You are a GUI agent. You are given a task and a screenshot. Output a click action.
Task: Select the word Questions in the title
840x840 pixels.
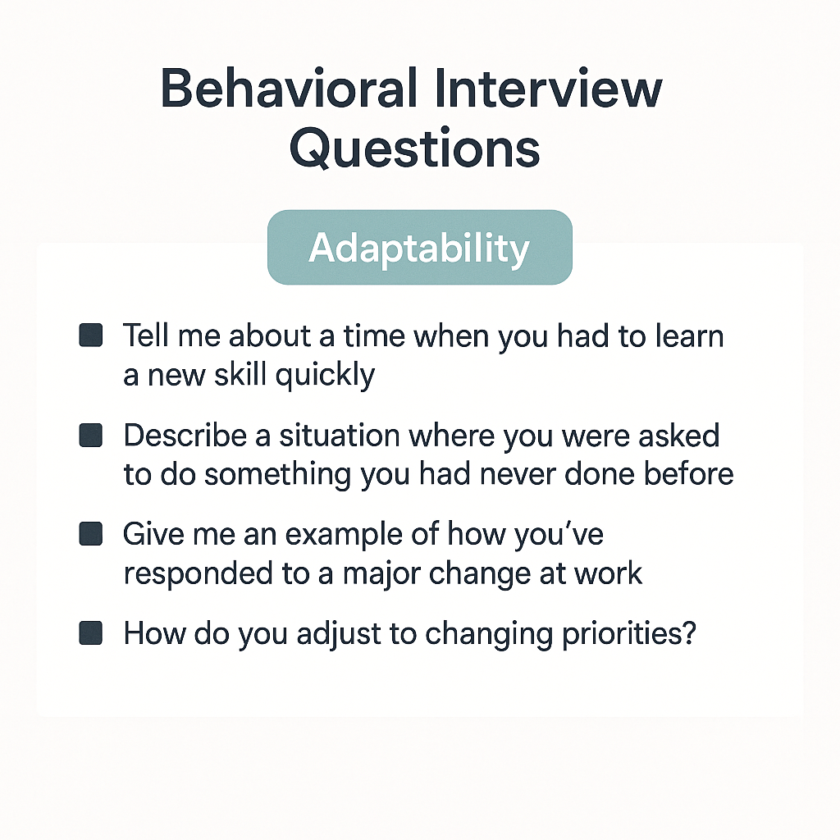click(415, 149)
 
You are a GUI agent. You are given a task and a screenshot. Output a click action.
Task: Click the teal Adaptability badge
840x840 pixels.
click(419, 248)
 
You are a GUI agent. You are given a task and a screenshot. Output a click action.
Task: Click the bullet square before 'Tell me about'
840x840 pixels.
click(90, 336)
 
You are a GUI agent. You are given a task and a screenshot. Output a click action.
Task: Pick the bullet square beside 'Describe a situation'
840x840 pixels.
click(90, 436)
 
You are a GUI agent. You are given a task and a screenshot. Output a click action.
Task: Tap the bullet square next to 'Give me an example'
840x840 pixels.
click(90, 535)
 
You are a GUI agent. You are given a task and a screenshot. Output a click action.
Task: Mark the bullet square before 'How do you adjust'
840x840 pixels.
click(90, 634)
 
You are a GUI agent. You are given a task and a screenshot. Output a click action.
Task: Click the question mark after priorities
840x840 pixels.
click(687, 633)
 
